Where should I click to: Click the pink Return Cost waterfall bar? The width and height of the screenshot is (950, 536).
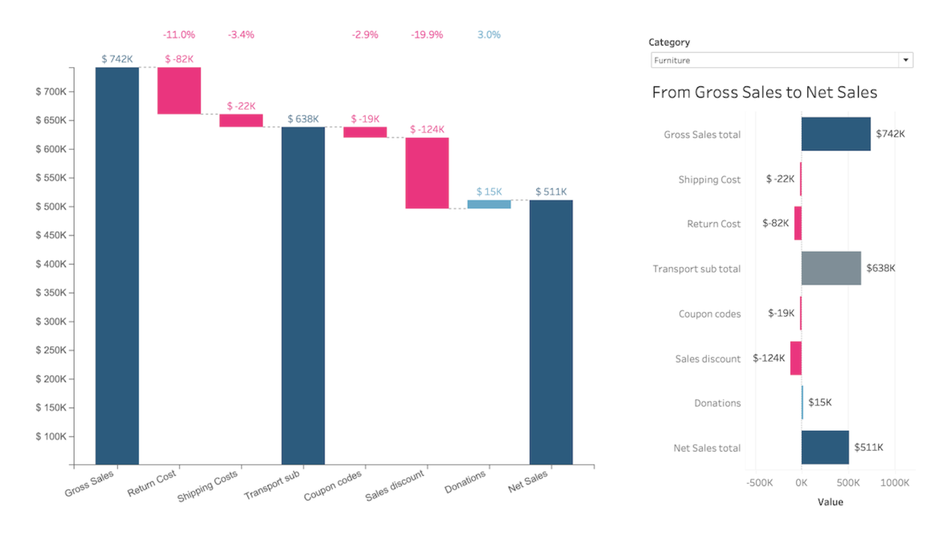179,91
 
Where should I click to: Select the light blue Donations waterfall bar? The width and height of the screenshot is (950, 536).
489,204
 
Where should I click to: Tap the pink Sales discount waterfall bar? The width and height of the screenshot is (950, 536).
427,173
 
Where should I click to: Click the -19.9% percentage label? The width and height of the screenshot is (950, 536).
427,35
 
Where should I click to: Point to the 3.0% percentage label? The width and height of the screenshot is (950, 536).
489,35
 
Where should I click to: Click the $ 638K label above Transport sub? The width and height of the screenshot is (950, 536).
303,119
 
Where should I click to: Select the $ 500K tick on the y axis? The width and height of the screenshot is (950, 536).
51,207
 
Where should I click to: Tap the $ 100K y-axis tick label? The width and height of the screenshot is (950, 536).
51,437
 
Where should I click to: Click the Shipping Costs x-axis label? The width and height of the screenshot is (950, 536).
207,485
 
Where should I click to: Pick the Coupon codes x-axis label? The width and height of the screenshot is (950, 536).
333,485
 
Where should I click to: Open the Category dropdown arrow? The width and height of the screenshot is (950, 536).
906,60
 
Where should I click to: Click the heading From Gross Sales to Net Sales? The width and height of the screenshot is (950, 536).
764,92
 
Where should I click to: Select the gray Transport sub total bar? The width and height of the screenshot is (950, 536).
831,268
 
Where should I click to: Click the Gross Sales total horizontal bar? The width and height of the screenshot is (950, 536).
836,134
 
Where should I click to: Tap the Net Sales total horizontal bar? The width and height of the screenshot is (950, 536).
825,447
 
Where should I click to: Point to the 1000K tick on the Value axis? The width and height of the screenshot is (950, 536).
895,483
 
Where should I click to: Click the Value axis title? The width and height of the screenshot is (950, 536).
830,502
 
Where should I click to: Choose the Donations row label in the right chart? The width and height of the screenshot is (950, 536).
717,403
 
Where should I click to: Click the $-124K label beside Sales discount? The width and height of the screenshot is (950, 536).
768,358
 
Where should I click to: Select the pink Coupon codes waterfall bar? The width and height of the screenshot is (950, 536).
365,132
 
